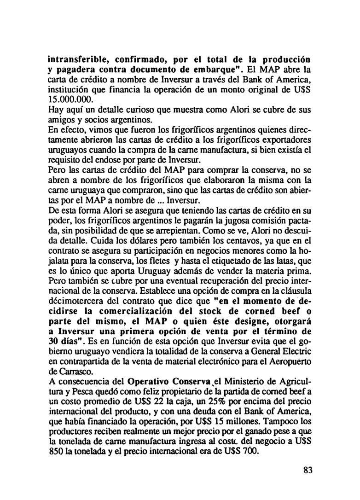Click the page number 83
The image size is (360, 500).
coord(308,471)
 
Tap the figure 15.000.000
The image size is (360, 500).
coord(70,99)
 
